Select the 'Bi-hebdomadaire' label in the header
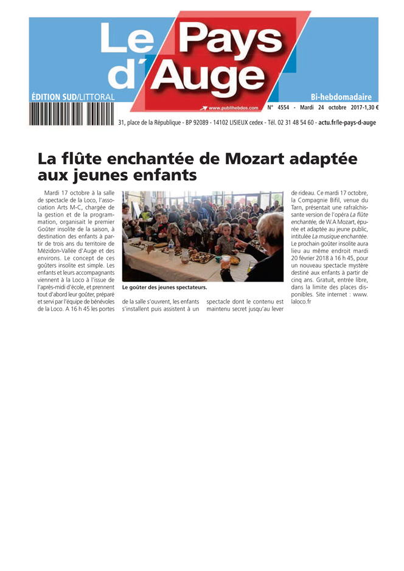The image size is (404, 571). pyautogui.click(x=341, y=97)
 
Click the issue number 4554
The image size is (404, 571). pyautogui.click(x=284, y=108)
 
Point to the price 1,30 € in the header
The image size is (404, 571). pyautogui.click(x=368, y=108)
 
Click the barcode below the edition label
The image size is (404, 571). pyautogui.click(x=71, y=114)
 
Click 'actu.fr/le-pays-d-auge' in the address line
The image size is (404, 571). pyautogui.click(x=347, y=123)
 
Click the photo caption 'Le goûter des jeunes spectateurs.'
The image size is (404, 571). pyautogui.click(x=164, y=287)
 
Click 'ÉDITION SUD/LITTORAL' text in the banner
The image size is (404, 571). pyautogui.click(x=72, y=97)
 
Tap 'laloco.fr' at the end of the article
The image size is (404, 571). pyautogui.click(x=301, y=302)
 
